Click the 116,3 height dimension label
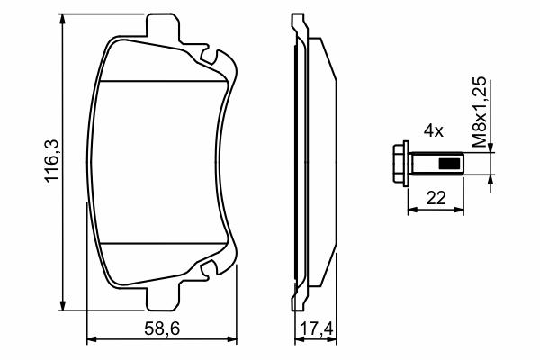[52, 162]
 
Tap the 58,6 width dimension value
[162, 329]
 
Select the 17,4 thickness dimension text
[317, 329]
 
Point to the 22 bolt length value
[436, 198]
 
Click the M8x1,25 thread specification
[480, 112]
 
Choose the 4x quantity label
[434, 131]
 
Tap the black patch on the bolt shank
[450, 164]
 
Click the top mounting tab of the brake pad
[163, 25]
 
